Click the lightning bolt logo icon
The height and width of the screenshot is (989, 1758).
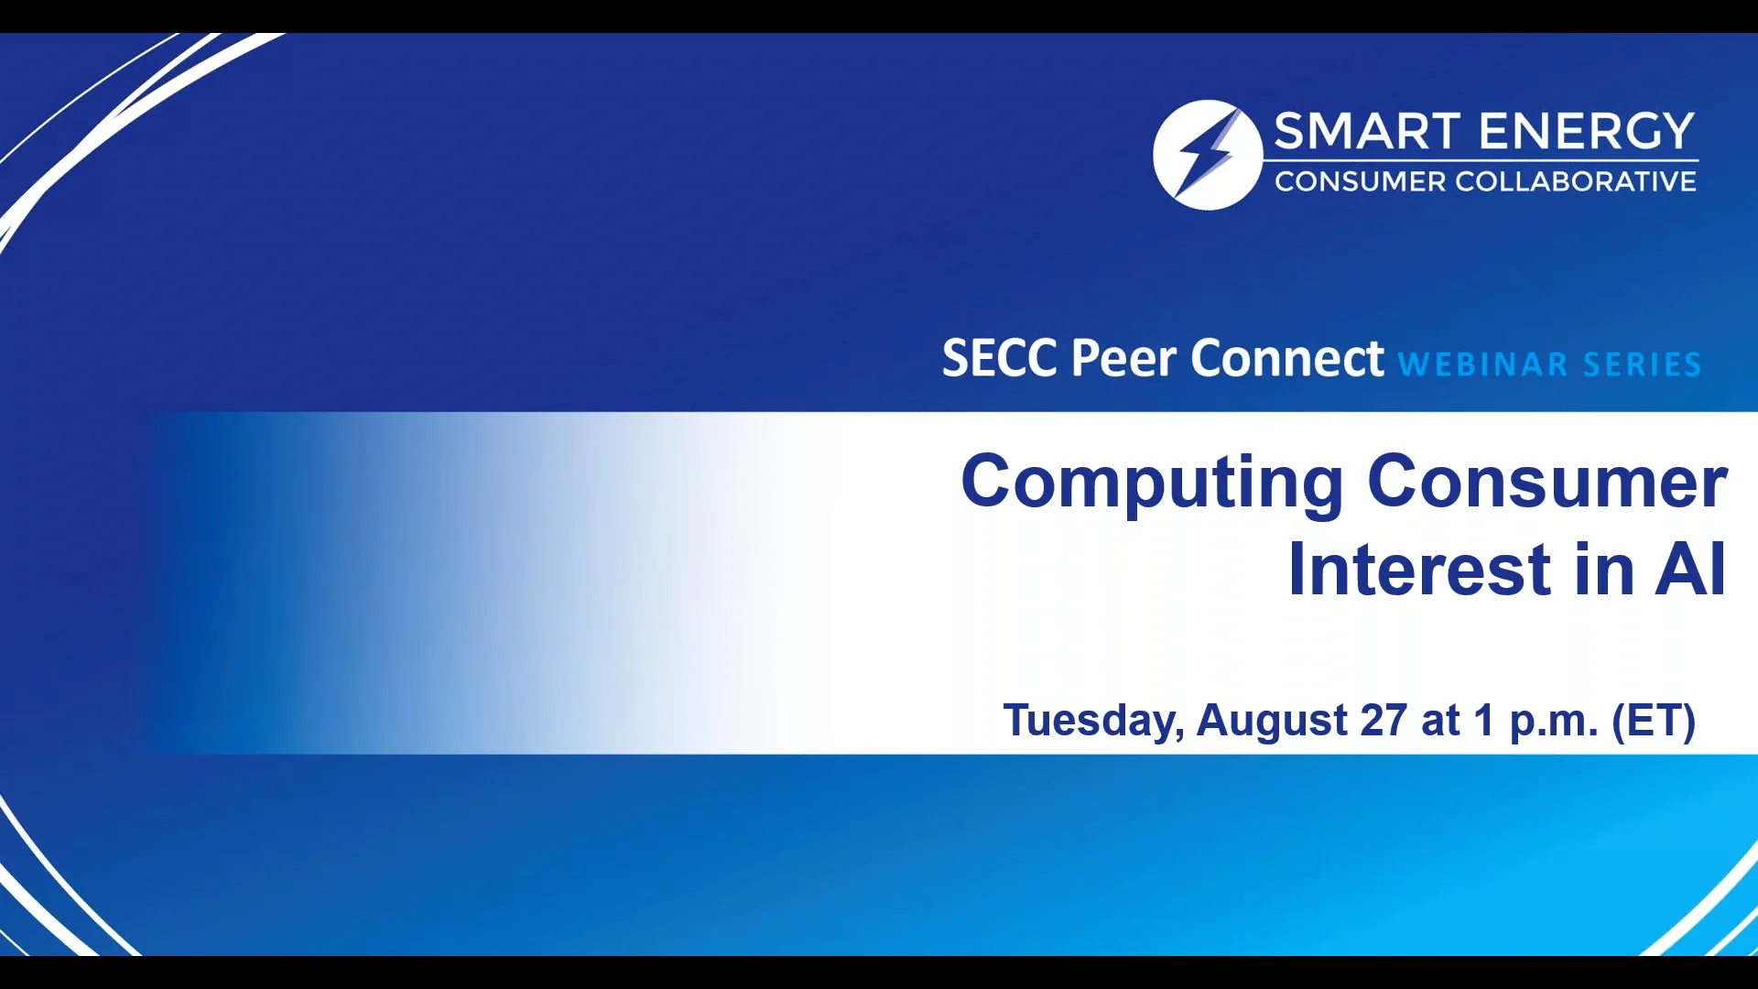[x=1207, y=155]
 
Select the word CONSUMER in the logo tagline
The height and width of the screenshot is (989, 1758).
[x=1360, y=182]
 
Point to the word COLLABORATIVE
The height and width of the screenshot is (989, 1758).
[x=1575, y=182]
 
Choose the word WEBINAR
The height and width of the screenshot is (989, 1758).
[x=1483, y=364]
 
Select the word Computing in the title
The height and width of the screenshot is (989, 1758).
[x=1152, y=484]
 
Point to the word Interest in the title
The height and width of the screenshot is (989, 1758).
[x=1420, y=570]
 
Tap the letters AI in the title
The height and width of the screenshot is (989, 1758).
[x=1690, y=570]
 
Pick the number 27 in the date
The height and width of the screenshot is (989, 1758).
[x=1383, y=720]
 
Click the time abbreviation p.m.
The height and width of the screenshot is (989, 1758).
[x=1553, y=722]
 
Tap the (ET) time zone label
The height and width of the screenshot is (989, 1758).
[x=1654, y=720]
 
